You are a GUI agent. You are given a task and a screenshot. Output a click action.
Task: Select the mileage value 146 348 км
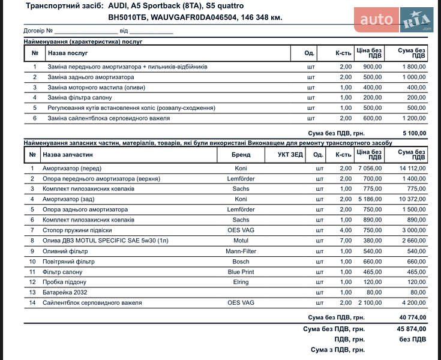(261, 17)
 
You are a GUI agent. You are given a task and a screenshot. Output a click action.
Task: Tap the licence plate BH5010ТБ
(127, 17)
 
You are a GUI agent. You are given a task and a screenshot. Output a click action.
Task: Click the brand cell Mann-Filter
(241, 251)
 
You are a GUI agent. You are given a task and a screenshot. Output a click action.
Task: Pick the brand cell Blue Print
(241, 272)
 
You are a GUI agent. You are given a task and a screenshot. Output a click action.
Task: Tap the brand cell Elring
(241, 282)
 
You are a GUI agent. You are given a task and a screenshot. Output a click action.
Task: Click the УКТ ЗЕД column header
(290, 154)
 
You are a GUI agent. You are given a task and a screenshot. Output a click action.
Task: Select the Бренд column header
(241, 154)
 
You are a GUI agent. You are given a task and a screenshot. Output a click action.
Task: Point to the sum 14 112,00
(412, 168)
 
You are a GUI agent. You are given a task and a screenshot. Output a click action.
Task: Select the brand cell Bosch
(241, 262)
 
